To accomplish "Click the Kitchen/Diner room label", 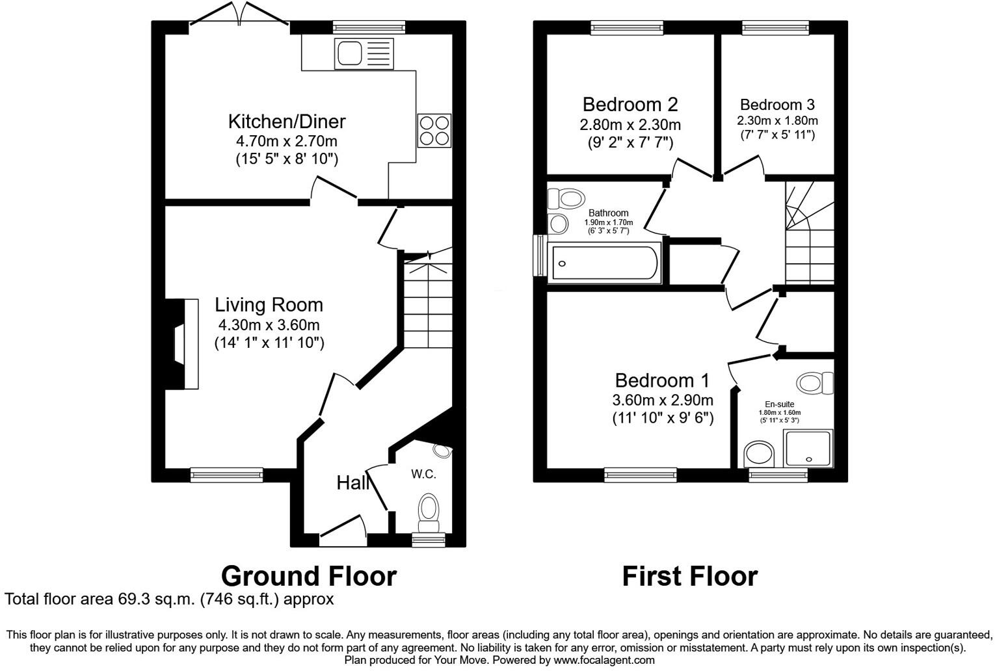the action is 286,122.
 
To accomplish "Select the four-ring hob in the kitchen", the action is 434,131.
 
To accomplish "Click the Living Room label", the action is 269,305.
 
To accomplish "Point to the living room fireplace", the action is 183,344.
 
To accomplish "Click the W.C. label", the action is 423,474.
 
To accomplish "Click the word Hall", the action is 353,482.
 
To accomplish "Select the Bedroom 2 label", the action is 630,105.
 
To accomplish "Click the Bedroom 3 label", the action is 777,105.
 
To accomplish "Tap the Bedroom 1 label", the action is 662,380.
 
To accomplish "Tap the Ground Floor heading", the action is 308,576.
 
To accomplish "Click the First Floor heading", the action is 689,576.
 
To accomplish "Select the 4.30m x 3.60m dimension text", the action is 269,325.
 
